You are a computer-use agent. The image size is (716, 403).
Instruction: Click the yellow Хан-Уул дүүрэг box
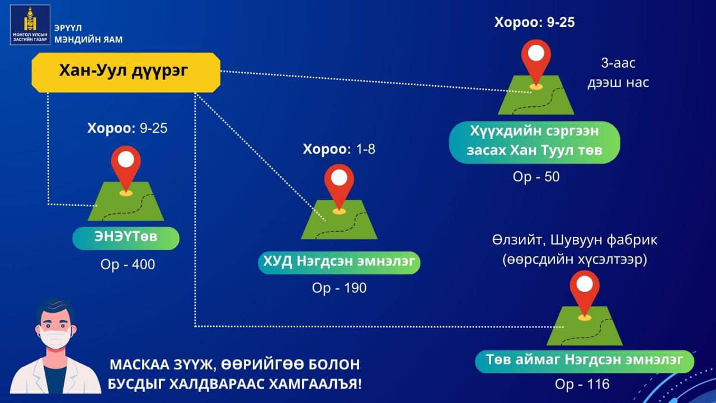pos(126,73)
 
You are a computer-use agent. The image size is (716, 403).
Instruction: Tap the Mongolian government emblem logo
pos(30,25)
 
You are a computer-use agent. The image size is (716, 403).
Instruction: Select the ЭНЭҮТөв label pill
pos(126,238)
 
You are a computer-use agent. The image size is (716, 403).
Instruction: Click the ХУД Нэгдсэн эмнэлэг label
pos(339,263)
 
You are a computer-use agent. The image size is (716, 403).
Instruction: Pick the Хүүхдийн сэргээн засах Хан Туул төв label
pos(534,142)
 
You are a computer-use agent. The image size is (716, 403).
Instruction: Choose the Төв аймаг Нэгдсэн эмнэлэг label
pos(585,362)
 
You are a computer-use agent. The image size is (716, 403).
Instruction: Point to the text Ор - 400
pos(128,265)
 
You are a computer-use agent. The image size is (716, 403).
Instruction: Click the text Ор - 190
pos(339,288)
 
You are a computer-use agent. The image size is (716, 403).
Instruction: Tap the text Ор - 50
pos(536,177)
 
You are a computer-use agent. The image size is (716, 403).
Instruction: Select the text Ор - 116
pos(582,384)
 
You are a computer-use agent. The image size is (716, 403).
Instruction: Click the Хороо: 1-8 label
pos(339,149)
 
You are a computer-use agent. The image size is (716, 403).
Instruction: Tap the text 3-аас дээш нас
pos(618,73)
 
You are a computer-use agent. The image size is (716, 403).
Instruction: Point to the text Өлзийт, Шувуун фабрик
pos(574,240)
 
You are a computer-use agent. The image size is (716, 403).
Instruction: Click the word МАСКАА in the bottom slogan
pos(139,365)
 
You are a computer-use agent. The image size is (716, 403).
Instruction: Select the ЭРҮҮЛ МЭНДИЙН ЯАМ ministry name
pos(88,34)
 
